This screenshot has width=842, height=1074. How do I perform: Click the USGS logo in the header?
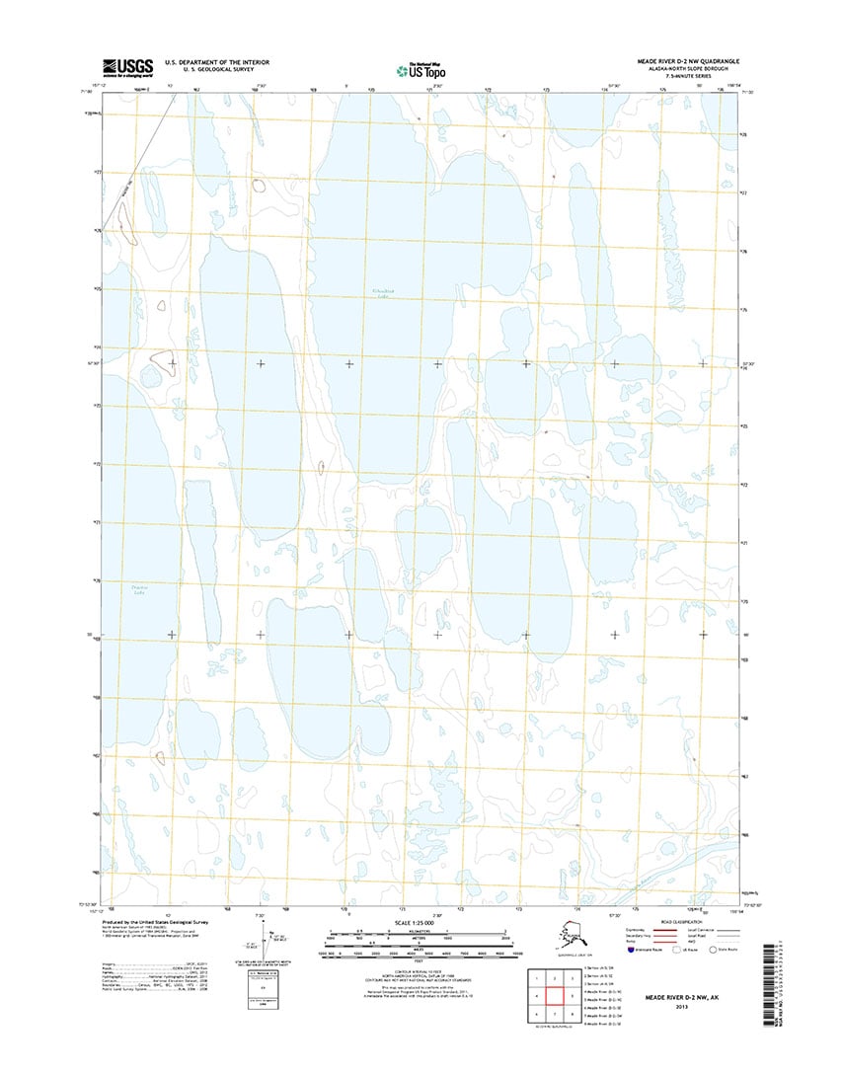(x=126, y=67)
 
